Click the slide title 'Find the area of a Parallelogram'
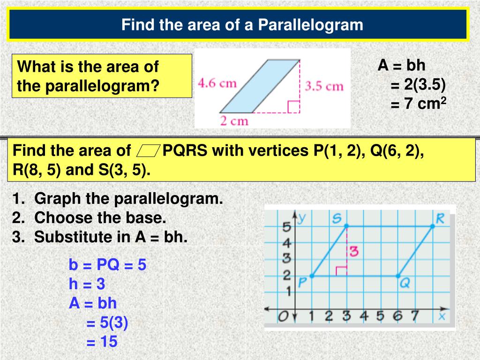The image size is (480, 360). [242, 24]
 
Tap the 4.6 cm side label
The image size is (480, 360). [217, 83]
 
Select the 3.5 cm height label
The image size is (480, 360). [324, 86]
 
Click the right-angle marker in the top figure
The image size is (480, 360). [294, 107]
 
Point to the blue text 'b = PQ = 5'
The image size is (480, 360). [107, 265]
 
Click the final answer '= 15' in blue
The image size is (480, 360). [102, 342]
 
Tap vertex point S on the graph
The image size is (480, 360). [347, 226]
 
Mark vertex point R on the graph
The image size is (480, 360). [432, 226]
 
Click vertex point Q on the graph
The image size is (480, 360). [398, 276]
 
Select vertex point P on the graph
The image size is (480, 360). [312, 276]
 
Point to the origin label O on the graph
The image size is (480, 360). [282, 317]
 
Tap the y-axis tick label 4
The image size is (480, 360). [287, 243]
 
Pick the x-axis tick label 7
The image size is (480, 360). [414, 316]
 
